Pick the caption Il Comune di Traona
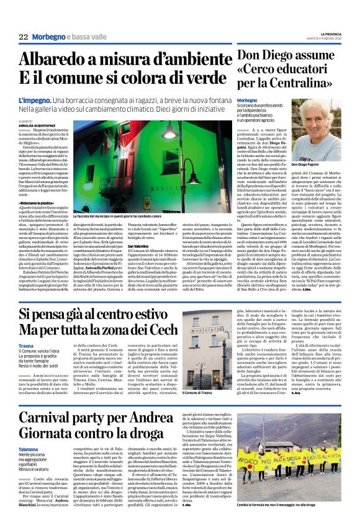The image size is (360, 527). click(x=196, y=394)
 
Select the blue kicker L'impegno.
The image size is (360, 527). click(x=35, y=99)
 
